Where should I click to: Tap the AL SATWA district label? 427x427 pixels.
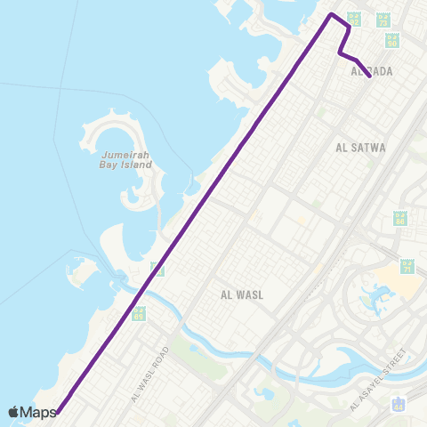pos(361,148)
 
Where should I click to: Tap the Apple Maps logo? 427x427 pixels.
pos(32,412)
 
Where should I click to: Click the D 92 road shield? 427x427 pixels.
pos(354,18)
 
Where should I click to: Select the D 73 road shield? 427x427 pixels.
pos(383,18)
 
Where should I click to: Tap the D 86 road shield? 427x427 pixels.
pos(400,218)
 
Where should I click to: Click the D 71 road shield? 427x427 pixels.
pos(407,267)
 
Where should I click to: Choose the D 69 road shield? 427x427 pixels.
pos(138,313)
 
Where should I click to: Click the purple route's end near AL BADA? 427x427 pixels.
pos(369,77)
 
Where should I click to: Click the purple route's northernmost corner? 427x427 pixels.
pos(332,15)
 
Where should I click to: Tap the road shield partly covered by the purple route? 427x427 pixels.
pos(157,267)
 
